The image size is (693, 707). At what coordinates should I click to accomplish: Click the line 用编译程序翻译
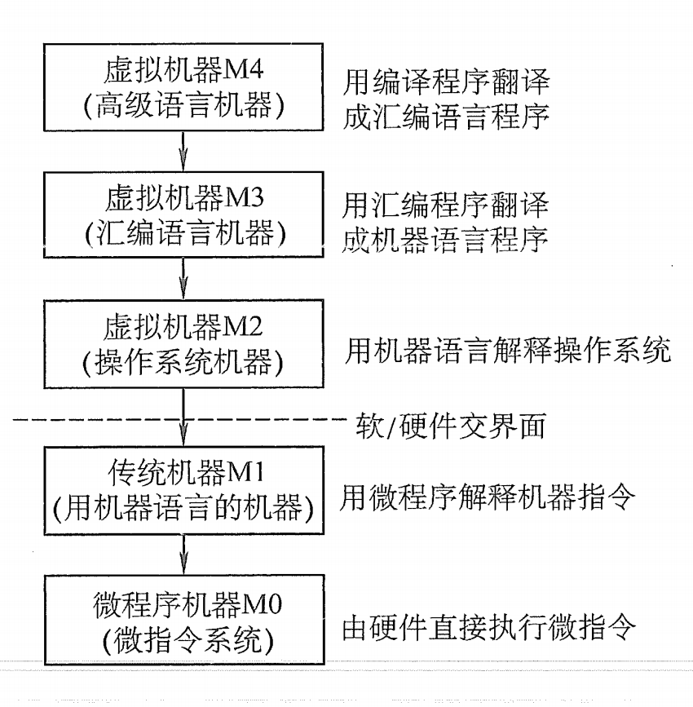click(445, 81)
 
